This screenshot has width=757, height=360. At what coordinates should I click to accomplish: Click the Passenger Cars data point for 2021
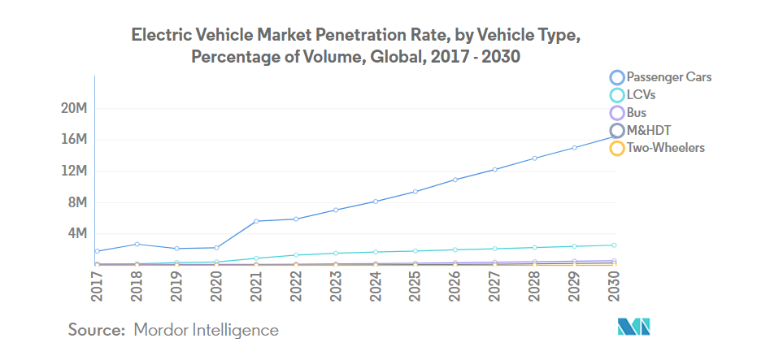[256, 221]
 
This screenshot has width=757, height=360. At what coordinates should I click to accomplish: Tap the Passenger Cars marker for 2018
[137, 244]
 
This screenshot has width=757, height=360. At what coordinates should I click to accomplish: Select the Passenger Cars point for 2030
[614, 136]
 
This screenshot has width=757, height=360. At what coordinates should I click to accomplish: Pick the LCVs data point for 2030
[614, 245]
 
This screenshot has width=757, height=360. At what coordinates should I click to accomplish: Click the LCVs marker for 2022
[296, 255]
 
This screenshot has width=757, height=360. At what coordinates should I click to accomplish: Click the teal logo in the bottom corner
[634, 327]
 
